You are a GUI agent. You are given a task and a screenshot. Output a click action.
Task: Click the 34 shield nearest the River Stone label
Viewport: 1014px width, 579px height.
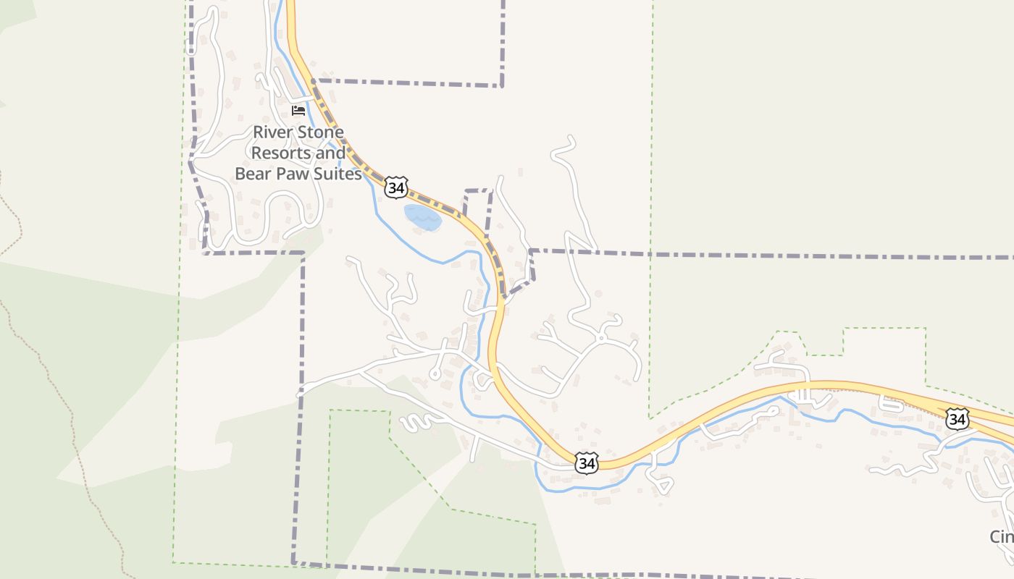396,187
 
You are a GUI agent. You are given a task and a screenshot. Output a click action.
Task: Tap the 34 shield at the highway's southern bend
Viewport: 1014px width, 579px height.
587,463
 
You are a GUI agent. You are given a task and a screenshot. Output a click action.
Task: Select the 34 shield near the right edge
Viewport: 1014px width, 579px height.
957,418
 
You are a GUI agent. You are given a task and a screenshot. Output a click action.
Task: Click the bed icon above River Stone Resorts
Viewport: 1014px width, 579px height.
298,110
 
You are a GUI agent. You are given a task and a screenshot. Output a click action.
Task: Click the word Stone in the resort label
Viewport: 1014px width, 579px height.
319,132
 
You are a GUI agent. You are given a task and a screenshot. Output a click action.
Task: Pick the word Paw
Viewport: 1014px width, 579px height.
295,174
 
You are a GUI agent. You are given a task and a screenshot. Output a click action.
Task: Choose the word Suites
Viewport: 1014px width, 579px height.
338,174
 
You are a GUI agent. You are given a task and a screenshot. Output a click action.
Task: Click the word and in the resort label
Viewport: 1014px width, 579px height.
332,153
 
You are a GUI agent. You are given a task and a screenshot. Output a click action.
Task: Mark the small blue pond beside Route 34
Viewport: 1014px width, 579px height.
422,218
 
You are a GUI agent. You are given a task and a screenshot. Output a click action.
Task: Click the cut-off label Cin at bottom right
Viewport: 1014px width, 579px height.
1002,536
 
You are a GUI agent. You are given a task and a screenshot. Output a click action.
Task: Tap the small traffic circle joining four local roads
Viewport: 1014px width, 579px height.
601,338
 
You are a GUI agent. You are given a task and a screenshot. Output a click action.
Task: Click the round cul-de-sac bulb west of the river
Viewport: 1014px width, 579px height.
435,374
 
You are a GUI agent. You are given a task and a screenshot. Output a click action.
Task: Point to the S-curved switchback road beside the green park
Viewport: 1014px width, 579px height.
416,422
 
